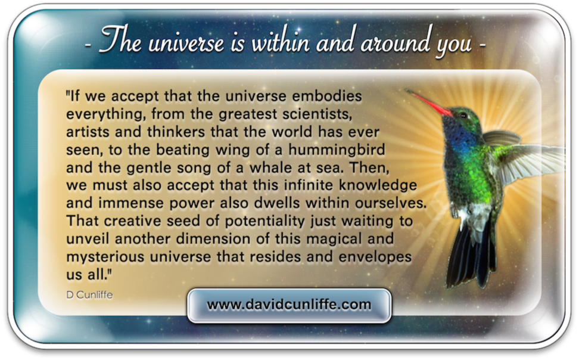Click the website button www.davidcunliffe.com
289,306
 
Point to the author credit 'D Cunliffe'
90,294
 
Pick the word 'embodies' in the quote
327,96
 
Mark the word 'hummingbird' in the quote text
337,150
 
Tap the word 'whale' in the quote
271,167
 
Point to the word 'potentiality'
265,221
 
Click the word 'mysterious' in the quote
105,257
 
